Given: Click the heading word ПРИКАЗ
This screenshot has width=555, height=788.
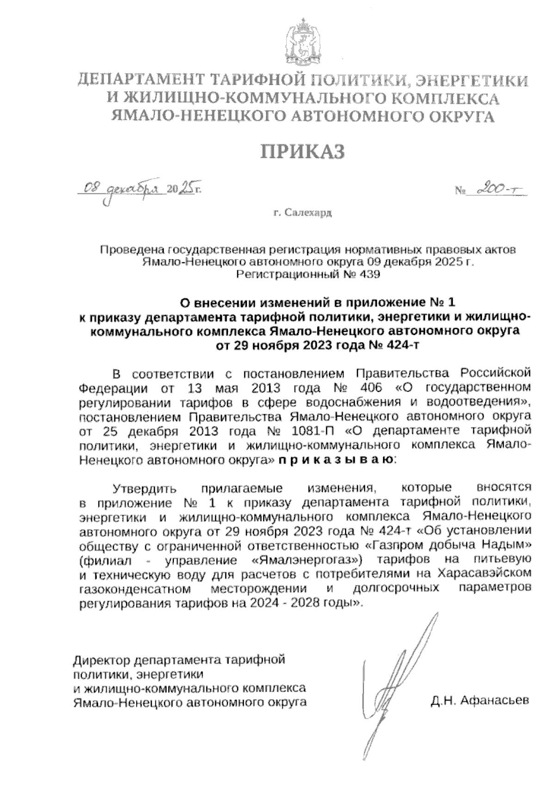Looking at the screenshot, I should point(303,152).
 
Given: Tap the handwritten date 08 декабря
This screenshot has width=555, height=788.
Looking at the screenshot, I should point(121,189).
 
